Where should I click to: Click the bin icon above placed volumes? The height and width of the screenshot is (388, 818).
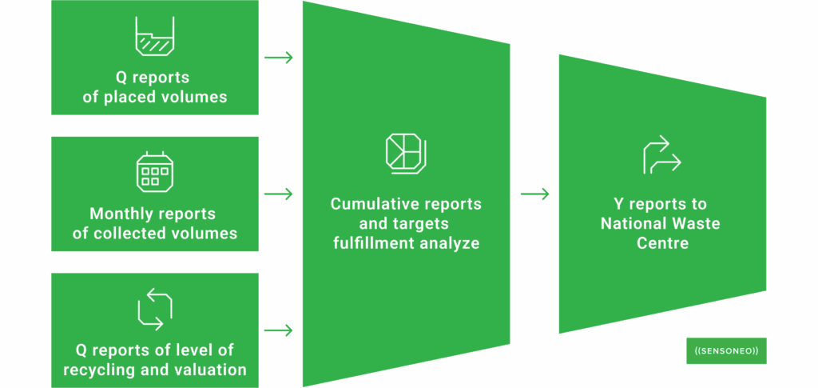pyautogui.click(x=155, y=37)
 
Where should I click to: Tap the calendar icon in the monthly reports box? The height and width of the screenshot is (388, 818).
pyautogui.click(x=154, y=173)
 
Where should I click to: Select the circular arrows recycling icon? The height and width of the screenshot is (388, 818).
pyautogui.click(x=155, y=310)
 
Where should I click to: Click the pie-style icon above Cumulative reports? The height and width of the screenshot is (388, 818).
pyautogui.click(x=406, y=153)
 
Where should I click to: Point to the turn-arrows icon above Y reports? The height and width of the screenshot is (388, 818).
pyautogui.click(x=662, y=155)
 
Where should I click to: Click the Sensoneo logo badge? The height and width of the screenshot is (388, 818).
pyautogui.click(x=726, y=350)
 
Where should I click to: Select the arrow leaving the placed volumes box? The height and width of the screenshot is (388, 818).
pyautogui.click(x=278, y=58)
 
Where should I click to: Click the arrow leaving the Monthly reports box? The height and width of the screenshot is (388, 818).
pyautogui.click(x=278, y=194)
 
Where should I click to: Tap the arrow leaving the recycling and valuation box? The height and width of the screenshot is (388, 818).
pyautogui.click(x=278, y=330)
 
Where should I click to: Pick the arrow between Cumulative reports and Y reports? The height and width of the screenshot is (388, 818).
pyautogui.click(x=534, y=194)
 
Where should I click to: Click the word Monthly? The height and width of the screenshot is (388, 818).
pyautogui.click(x=119, y=214)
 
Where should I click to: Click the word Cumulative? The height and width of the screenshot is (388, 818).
pyautogui.click(x=370, y=204)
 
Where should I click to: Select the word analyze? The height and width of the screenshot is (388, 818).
pyautogui.click(x=451, y=242)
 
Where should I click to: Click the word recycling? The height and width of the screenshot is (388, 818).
pyautogui.click(x=103, y=370)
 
